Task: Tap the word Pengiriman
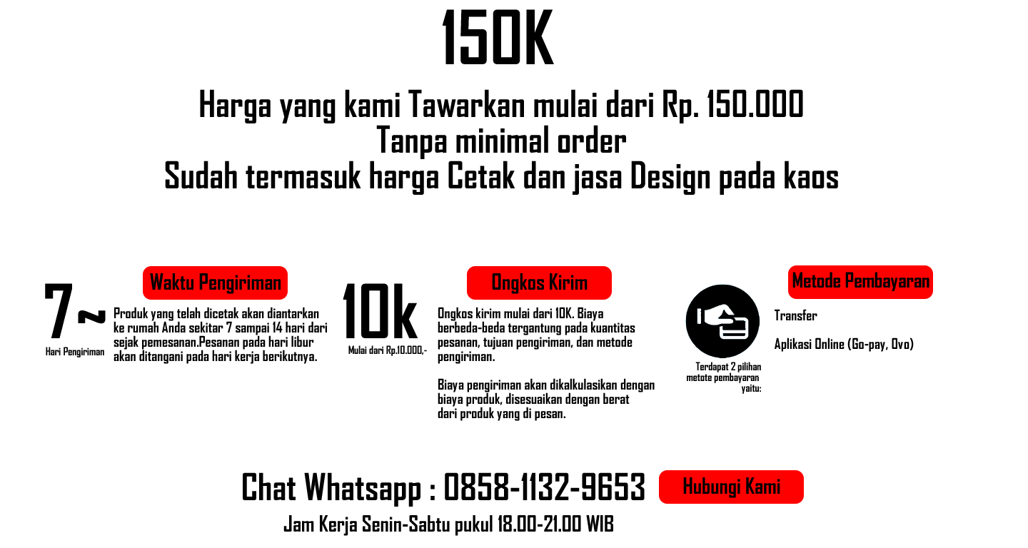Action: [x=240, y=283]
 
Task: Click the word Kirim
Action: [x=568, y=283]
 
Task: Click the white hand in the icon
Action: [x=717, y=315]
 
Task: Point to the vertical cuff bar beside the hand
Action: [x=700, y=315]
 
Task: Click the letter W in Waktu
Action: [x=156, y=283]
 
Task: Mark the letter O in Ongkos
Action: [x=498, y=283]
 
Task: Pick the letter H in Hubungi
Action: [x=689, y=487]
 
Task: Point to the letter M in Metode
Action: [x=798, y=281]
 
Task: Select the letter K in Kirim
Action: [x=554, y=283]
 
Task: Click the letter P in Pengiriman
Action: [x=203, y=283]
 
